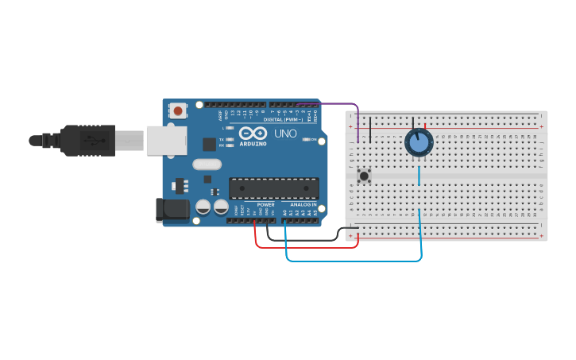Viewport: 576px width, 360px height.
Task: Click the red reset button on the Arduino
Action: point(179,110)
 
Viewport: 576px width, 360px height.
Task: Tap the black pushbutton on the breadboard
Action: point(365,176)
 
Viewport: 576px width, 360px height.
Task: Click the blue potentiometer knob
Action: point(418,143)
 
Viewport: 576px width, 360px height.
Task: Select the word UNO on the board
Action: point(285,134)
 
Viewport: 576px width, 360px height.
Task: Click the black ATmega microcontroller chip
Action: point(273,188)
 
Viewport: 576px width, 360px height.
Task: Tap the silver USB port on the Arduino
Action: point(165,141)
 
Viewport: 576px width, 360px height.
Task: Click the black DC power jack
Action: point(172,210)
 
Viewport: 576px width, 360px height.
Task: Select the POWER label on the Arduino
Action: point(265,205)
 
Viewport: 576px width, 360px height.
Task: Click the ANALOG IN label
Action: point(303,205)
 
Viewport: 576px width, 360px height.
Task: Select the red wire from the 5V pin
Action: point(306,246)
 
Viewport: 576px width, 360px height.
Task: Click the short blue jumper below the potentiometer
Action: point(419,175)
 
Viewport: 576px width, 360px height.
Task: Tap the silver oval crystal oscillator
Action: point(206,165)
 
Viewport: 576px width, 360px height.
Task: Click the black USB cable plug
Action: point(87,141)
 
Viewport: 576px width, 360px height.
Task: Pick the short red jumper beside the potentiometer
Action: point(425,126)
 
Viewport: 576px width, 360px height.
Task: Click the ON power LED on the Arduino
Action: point(307,140)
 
